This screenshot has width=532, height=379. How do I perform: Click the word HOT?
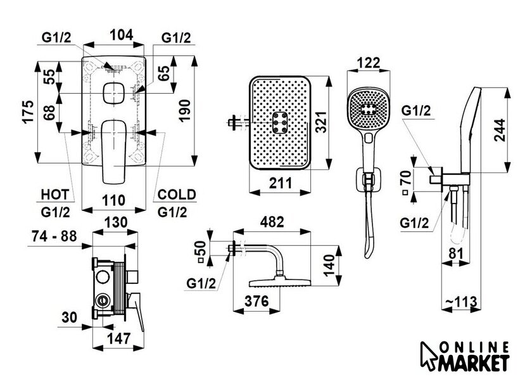(x=54, y=195)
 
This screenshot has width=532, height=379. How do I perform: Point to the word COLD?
(x=177, y=195)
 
